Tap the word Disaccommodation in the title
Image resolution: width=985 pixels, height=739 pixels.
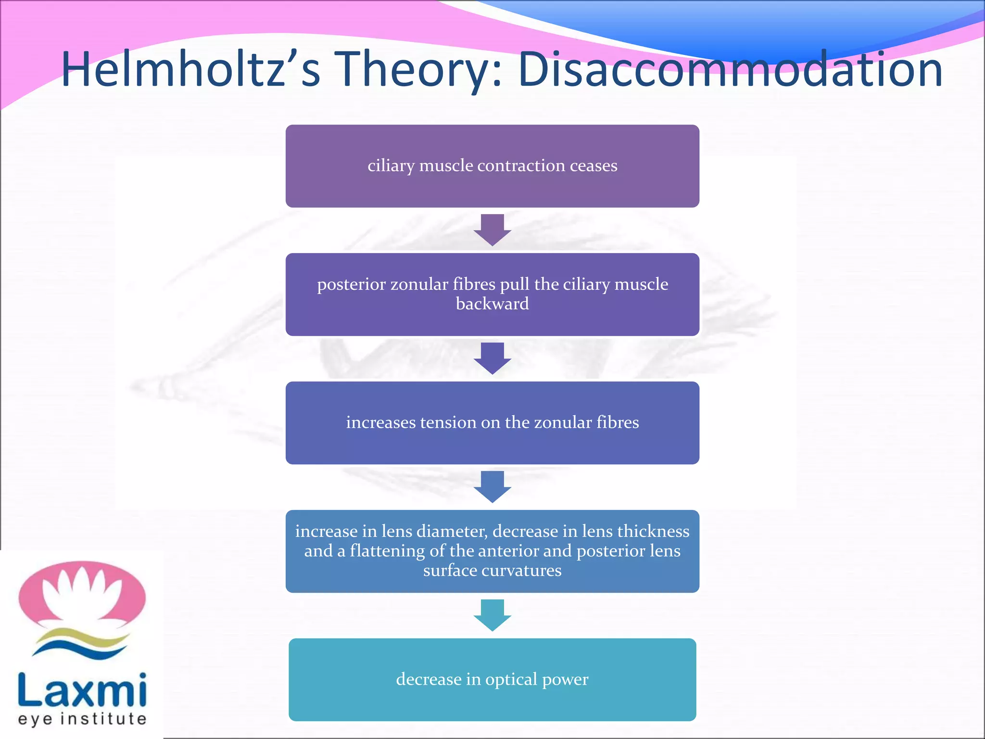(730, 70)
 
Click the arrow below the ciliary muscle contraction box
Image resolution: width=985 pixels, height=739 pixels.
(492, 230)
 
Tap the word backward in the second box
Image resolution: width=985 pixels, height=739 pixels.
(492, 304)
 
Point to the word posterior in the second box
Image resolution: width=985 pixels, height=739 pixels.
(351, 284)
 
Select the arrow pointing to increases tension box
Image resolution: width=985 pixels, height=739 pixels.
(492, 358)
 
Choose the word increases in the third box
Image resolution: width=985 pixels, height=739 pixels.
(380, 422)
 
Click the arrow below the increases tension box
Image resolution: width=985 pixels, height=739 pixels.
(492, 487)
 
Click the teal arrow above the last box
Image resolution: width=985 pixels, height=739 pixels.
(492, 615)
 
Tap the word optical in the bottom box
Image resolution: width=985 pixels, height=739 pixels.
(511, 679)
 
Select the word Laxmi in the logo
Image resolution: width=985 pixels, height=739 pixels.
(82, 690)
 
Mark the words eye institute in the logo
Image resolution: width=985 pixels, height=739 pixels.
(82, 719)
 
